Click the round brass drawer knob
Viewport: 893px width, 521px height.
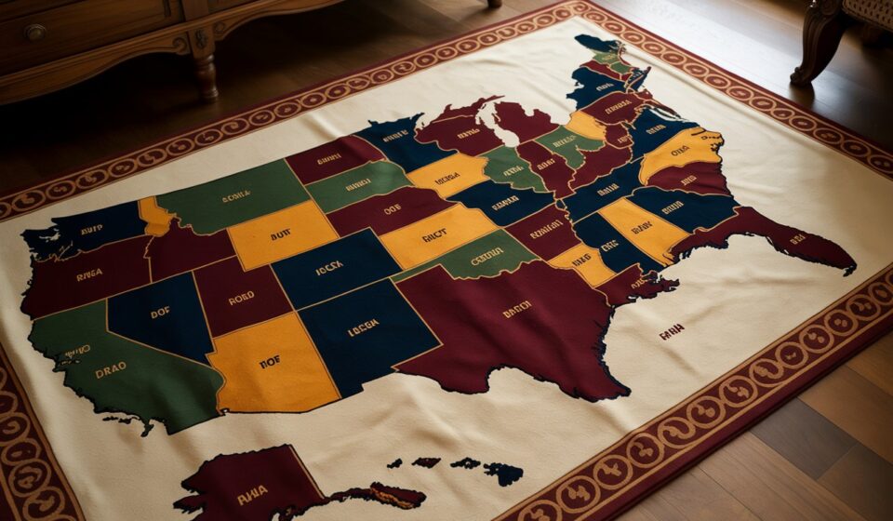pos(35,33)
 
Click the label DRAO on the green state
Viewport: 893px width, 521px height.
pos(110,369)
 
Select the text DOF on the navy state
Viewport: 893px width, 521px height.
pos(160,313)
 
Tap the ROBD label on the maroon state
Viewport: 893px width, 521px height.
pos(240,300)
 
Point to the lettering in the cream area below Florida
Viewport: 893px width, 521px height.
pos(672,329)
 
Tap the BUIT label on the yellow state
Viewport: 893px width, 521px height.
pos(281,236)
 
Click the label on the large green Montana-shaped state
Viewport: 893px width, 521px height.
pos(235,196)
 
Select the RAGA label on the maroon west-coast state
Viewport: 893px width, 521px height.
pos(89,274)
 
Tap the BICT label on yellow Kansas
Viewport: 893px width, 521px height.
pos(434,237)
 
